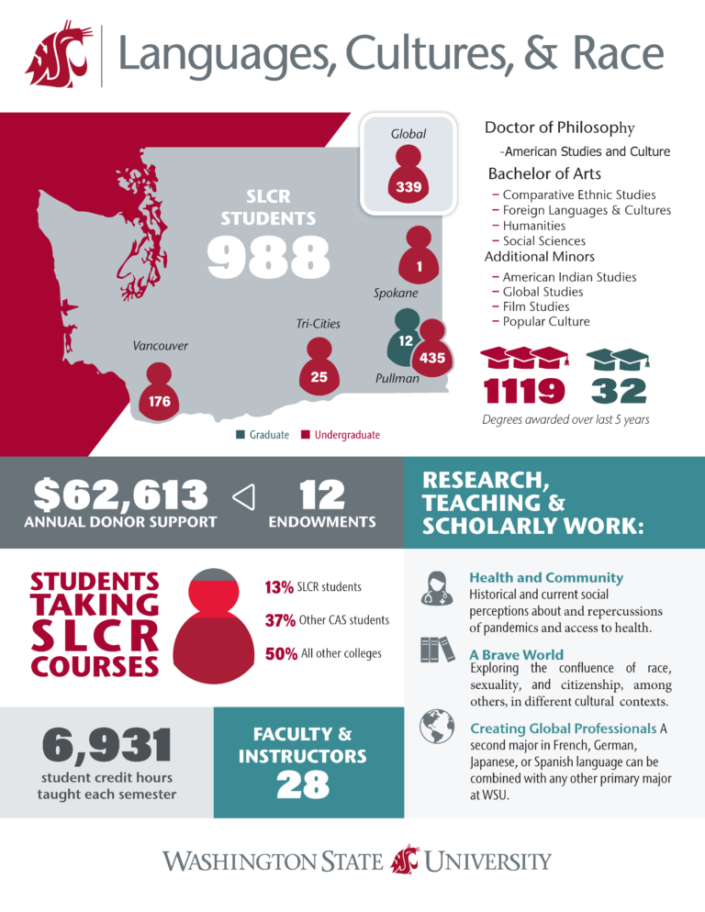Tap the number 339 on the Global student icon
click(408, 188)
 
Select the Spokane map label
click(396, 294)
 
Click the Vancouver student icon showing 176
click(160, 393)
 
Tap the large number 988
click(267, 257)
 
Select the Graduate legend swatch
click(241, 435)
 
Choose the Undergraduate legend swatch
click(306, 435)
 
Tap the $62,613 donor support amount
click(120, 495)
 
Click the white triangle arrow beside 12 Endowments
click(243, 496)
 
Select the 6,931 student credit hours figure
click(107, 745)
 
